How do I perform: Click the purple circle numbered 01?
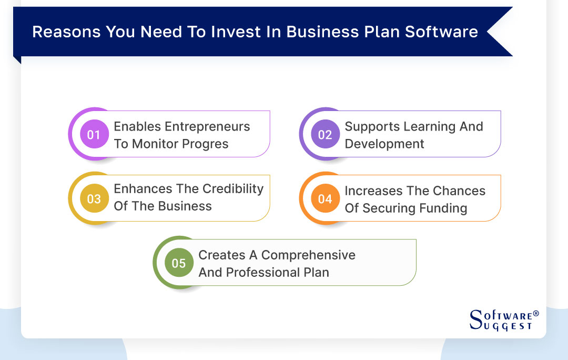[x=94, y=135]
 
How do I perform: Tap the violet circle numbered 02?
[x=325, y=135]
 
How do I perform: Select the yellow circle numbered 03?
[x=94, y=199]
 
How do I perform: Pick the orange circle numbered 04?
[x=325, y=199]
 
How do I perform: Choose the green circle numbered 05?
[x=179, y=263]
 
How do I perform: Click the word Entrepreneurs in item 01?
[x=207, y=127]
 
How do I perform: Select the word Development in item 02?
[x=384, y=144]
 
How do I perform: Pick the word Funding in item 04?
[x=443, y=208]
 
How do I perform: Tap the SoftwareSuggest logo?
[x=502, y=320]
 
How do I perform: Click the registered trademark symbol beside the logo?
[x=536, y=314]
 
